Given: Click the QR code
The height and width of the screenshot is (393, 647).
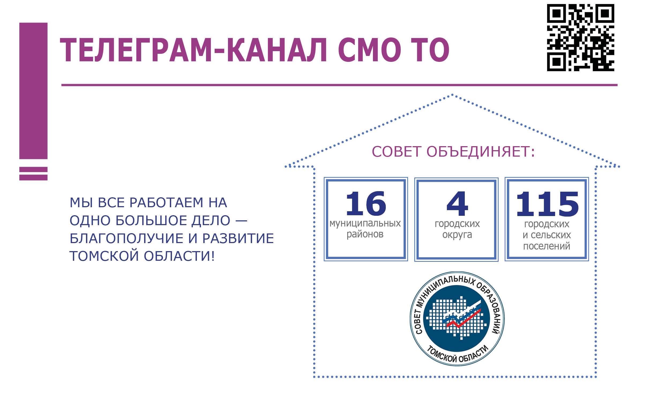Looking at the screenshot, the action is (581, 37).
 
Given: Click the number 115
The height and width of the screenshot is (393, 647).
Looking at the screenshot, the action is (547, 204).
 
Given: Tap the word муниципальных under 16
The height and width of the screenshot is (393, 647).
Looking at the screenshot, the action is (365, 224).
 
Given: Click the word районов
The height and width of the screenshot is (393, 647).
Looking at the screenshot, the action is (365, 234).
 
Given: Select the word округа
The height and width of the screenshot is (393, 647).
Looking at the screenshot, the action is (457, 235).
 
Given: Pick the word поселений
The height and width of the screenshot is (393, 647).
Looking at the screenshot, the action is (547, 246).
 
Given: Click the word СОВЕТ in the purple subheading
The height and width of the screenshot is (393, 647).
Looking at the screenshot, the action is (397, 152).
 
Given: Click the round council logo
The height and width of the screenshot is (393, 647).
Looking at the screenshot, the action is (457, 318).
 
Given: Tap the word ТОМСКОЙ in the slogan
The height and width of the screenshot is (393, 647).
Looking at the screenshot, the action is (104, 256).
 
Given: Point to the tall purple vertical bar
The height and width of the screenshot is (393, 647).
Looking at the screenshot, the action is (33, 91).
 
